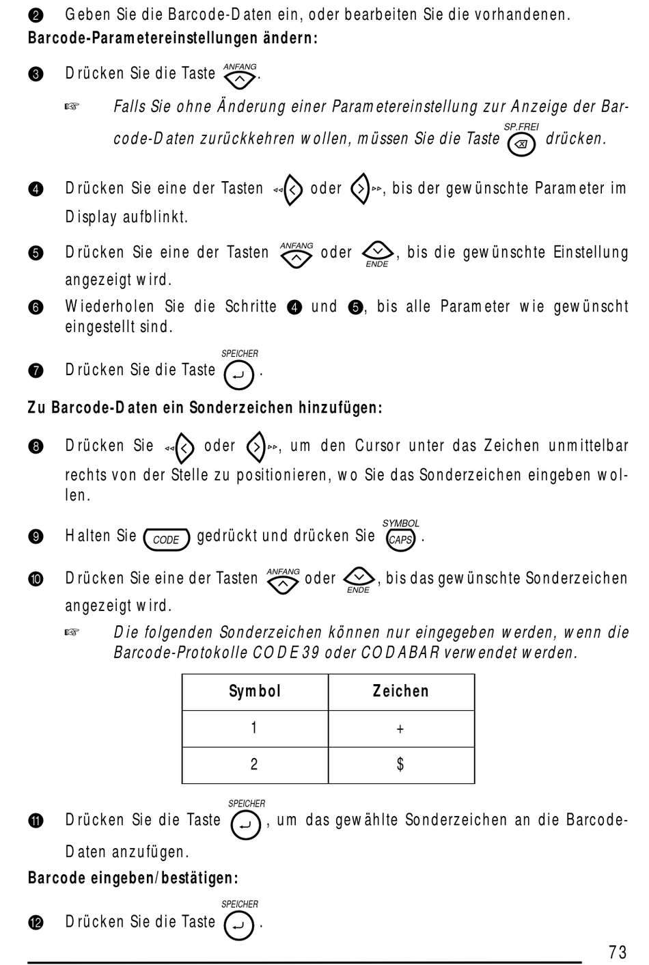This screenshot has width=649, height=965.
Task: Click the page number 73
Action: click(617, 951)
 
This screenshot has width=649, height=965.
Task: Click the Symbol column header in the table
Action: click(254, 692)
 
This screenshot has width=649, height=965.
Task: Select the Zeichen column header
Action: click(400, 692)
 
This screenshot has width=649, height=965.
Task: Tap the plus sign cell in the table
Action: click(400, 729)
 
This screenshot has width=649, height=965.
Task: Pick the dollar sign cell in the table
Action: click(400, 765)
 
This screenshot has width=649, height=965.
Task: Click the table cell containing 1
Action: click(254, 729)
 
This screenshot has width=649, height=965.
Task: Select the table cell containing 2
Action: click(254, 765)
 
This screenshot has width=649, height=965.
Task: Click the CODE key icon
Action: click(166, 539)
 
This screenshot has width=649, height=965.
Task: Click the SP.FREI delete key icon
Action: click(522, 144)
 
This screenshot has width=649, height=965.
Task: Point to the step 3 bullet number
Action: click(36, 74)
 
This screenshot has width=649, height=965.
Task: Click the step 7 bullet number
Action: click(36, 371)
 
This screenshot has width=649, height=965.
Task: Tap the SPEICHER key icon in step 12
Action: click(239, 926)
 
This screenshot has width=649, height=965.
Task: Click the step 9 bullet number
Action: click(36, 537)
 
